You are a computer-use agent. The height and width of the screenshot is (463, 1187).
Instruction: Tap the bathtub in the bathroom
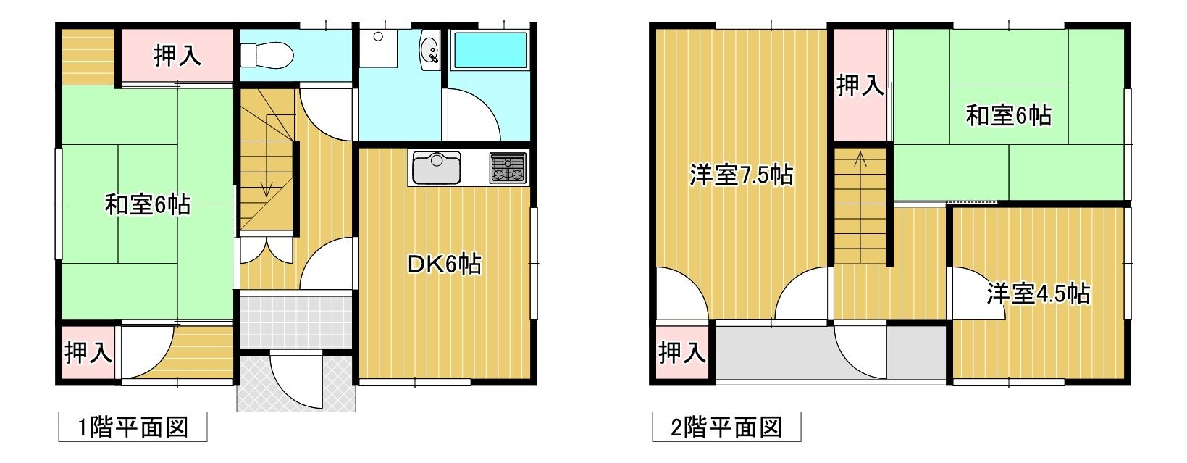(x=490, y=51)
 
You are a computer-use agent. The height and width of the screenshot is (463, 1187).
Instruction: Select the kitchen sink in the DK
(x=437, y=169)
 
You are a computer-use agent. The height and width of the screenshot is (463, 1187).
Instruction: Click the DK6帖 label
(x=444, y=264)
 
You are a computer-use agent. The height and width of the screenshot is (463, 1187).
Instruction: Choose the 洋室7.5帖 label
(x=741, y=175)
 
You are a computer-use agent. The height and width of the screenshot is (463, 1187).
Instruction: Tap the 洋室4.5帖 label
(x=1038, y=293)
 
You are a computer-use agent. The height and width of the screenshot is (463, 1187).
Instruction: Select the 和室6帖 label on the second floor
(x=1008, y=115)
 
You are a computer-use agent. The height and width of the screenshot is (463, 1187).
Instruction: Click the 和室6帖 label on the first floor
(x=148, y=205)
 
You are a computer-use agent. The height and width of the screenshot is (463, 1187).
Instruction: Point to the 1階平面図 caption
(x=133, y=427)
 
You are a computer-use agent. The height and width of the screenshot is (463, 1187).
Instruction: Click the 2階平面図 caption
(x=726, y=427)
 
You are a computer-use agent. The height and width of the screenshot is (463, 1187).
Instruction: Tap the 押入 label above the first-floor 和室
(x=177, y=56)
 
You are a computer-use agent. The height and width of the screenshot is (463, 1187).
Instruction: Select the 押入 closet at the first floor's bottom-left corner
(x=88, y=353)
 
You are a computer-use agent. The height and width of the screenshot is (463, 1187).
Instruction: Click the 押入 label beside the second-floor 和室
(x=860, y=85)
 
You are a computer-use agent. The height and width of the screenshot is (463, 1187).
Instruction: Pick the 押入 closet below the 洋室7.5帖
(x=681, y=353)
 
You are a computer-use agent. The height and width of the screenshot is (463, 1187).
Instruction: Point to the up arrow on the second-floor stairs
(x=860, y=160)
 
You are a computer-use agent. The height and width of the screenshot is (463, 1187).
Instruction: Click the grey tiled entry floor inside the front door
(x=296, y=319)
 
